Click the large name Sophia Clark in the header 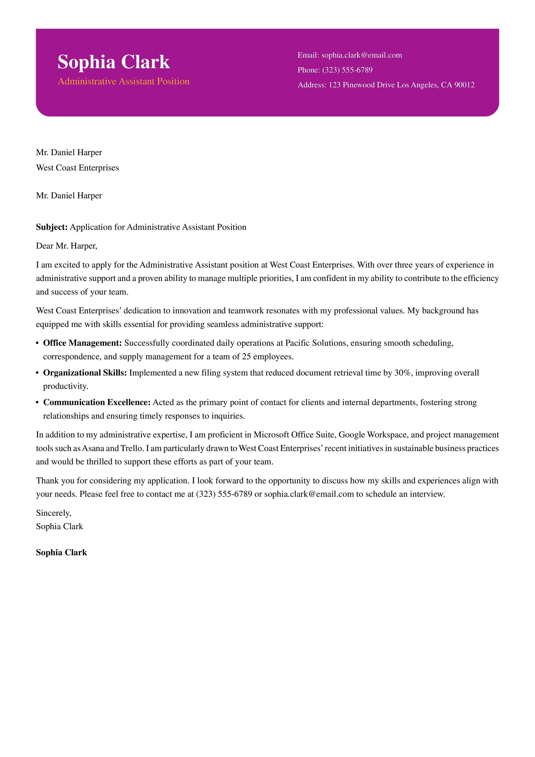click(x=113, y=62)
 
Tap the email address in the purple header click(x=361, y=55)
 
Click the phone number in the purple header click(x=347, y=70)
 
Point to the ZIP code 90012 click(x=464, y=85)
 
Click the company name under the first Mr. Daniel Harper click(x=77, y=168)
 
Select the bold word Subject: click(x=52, y=227)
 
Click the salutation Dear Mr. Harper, click(x=67, y=246)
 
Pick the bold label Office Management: click(x=82, y=343)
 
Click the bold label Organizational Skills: click(x=85, y=373)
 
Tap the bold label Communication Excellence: click(x=97, y=403)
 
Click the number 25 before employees click(x=246, y=357)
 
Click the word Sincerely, click(x=54, y=513)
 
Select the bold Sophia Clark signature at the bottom click(x=61, y=553)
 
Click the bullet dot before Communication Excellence click(x=38, y=403)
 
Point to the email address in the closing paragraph click(x=308, y=494)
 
